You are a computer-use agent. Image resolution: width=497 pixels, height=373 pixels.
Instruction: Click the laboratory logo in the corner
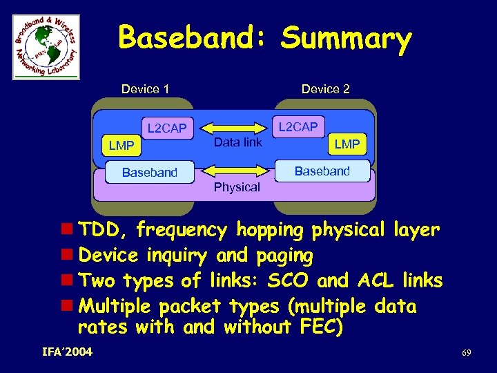click(46, 47)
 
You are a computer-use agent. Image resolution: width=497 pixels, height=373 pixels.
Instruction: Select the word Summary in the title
click(346, 39)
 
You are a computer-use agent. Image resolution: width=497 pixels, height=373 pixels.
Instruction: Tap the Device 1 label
click(145, 89)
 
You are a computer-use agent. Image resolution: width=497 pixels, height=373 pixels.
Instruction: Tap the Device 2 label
click(325, 89)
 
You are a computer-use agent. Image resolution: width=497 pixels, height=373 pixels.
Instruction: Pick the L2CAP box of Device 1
click(166, 128)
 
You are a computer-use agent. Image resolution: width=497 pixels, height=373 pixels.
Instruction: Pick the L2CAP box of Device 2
click(298, 126)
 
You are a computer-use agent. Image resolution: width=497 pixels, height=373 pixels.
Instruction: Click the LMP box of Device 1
click(121, 146)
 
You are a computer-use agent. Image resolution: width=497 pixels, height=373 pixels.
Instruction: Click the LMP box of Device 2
click(347, 144)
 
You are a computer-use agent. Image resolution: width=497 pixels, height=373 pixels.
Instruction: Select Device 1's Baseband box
click(149, 173)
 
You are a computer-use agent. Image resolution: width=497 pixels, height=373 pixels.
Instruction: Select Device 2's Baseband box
click(322, 171)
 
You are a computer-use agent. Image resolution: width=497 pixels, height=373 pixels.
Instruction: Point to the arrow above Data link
click(237, 128)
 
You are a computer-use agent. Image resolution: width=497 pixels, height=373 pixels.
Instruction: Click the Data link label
click(237, 142)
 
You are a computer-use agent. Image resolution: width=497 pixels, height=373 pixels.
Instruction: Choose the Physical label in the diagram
click(237, 187)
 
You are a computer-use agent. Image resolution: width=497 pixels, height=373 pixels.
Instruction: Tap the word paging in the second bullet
click(284, 256)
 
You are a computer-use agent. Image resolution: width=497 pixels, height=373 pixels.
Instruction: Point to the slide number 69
click(467, 354)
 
